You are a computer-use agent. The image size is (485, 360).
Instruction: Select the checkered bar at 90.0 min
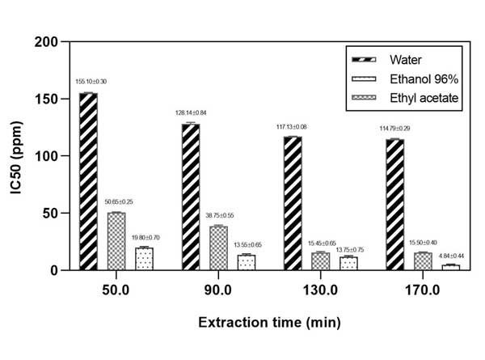(x=219, y=248)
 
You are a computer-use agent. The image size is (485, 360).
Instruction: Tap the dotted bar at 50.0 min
(x=143, y=259)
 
